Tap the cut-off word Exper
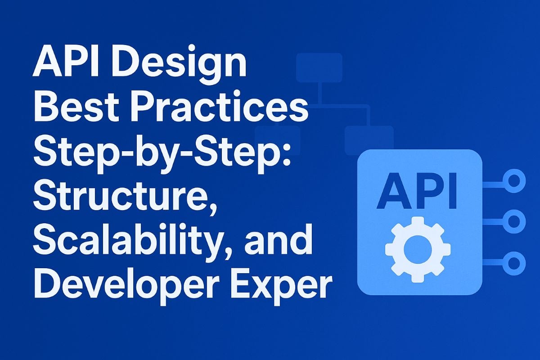(x=279, y=288)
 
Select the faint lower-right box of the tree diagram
(x=369, y=139)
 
